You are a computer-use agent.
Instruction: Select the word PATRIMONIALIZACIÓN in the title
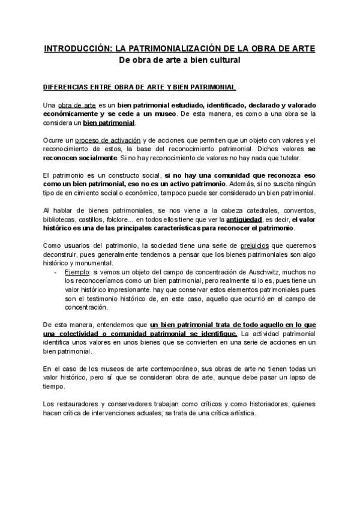[167, 47]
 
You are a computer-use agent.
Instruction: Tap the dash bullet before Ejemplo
[56, 273]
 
